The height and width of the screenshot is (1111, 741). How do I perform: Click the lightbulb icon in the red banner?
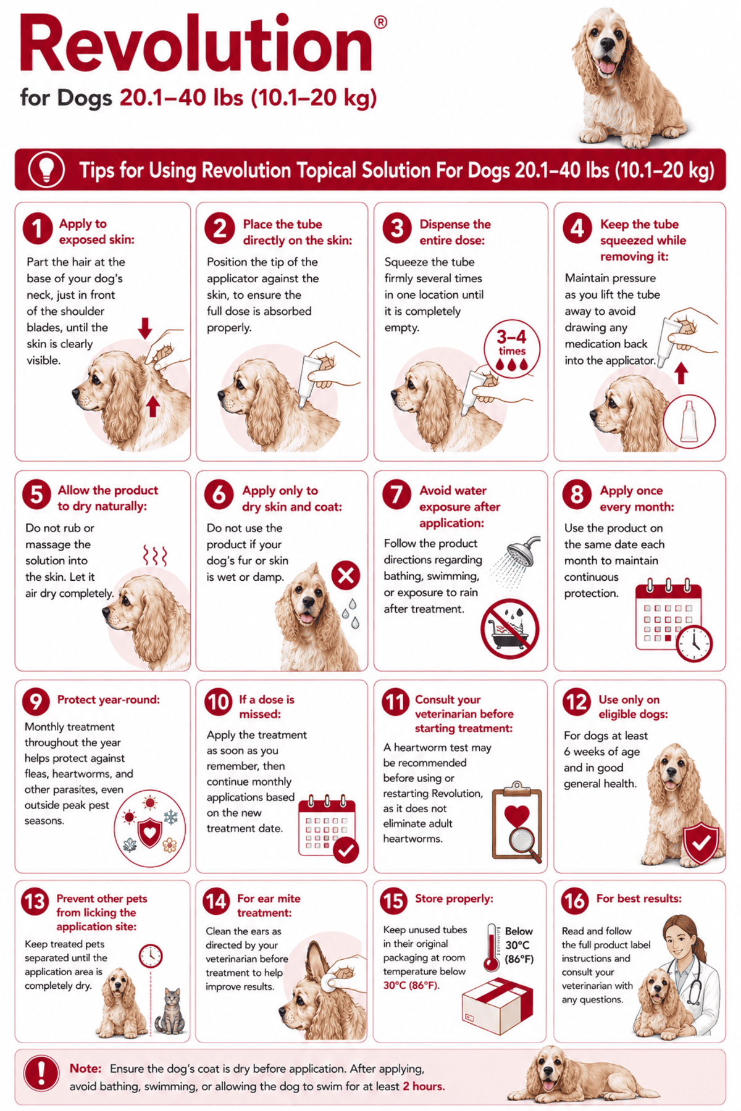coord(46,170)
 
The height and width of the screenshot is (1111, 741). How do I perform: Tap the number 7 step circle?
coord(396,494)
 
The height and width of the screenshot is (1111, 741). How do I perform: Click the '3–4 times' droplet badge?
coord(512,349)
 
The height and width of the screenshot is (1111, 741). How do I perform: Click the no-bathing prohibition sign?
coord(510,628)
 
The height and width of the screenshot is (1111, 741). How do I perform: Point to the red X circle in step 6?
coord(346,575)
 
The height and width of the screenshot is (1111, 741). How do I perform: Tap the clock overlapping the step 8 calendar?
coord(695,643)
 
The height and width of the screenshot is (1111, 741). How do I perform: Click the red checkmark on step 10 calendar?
coord(346,850)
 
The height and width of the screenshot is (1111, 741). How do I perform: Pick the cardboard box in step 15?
coord(497,1005)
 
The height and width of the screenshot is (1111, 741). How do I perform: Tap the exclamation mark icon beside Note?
coord(41,1073)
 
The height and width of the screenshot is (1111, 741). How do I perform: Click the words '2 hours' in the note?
coord(424,1086)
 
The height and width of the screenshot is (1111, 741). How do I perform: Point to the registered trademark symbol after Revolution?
coord(381,23)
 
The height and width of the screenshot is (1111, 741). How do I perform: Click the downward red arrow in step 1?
coord(145,328)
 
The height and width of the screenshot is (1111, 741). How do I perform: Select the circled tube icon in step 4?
coord(689,421)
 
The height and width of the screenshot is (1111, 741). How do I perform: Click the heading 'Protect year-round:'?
coord(109,699)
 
